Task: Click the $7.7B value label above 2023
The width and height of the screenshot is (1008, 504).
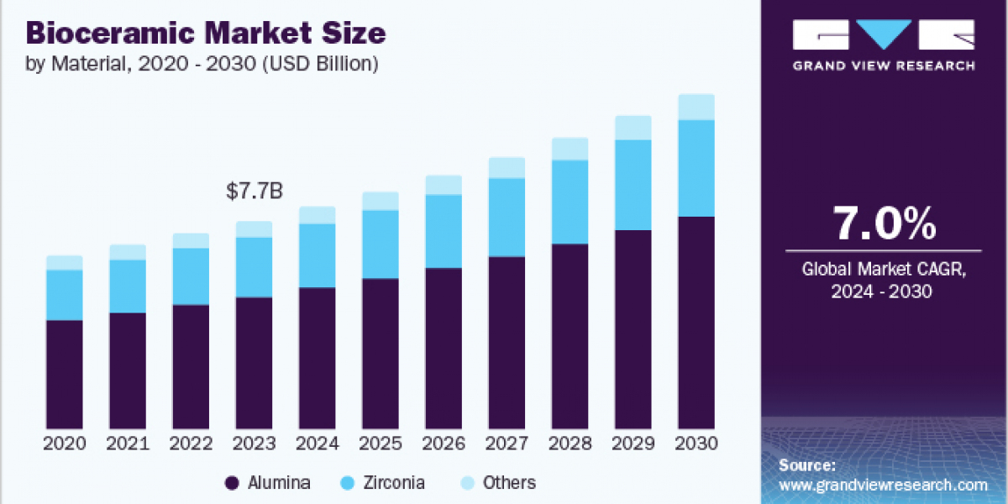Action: point(255,192)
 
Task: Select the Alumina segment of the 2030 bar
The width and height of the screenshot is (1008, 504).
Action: point(696,323)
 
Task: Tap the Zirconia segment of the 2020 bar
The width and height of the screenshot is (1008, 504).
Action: point(65,295)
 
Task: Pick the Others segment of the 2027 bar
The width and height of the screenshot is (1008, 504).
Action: point(507,167)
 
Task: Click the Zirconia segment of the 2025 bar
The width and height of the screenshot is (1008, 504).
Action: point(381,244)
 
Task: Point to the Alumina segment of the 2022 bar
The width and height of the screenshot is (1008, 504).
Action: point(191,366)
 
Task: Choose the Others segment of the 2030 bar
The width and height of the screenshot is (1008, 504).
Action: point(696,107)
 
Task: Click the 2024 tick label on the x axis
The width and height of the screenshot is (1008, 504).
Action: point(318,444)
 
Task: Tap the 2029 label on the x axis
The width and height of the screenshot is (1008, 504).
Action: point(633,444)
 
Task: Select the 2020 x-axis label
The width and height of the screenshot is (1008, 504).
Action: point(65,444)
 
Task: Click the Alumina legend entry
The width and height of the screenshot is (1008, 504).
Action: point(269,483)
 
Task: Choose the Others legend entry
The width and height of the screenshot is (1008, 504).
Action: point(499,483)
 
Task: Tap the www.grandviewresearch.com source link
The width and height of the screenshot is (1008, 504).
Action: point(883,485)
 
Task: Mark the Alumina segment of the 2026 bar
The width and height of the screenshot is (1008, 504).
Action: point(444,348)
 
